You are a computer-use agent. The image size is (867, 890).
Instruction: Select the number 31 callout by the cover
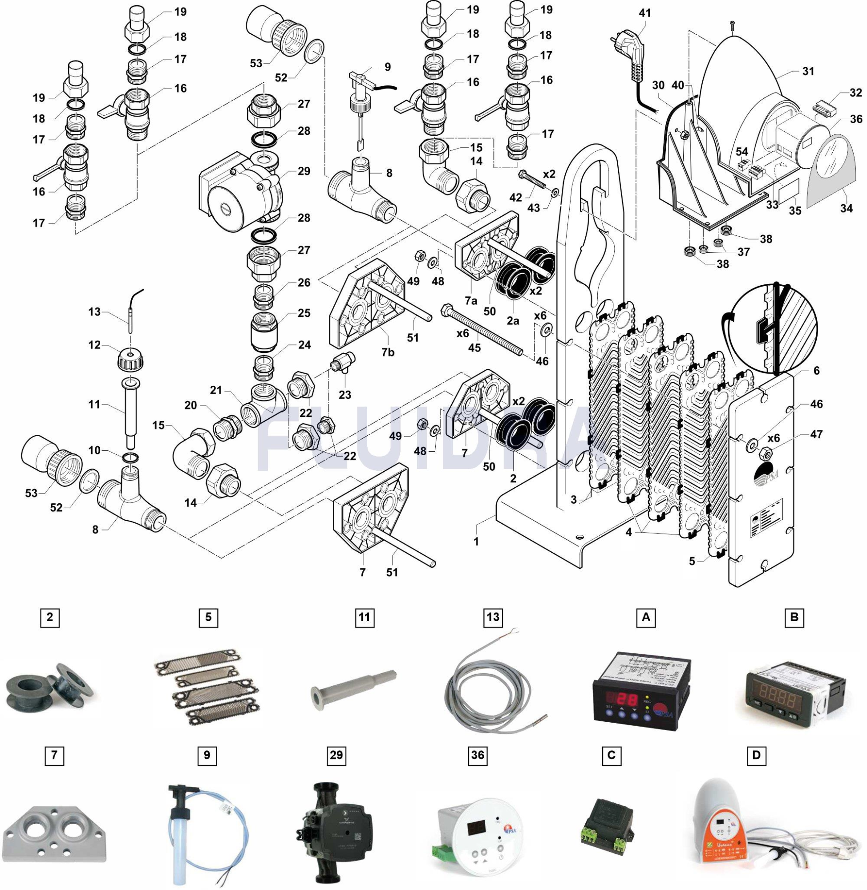[808, 72]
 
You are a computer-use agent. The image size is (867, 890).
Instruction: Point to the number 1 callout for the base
[476, 542]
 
